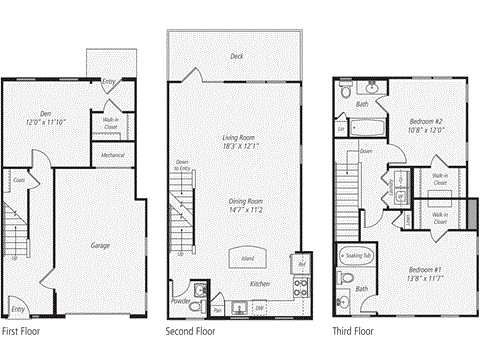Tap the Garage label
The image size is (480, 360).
[99, 245]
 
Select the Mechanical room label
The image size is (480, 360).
[112, 155]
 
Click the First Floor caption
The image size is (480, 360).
[23, 330]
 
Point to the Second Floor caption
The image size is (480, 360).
[190, 330]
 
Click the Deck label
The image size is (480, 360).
[236, 57]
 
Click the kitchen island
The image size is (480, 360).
[243, 257]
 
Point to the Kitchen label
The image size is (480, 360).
[259, 283]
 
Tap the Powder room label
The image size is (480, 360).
[181, 299]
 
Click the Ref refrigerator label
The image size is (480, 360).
[301, 265]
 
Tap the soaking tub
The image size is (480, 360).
[355, 257]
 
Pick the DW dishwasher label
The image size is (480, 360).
[259, 308]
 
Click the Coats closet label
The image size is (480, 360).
[19, 180]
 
